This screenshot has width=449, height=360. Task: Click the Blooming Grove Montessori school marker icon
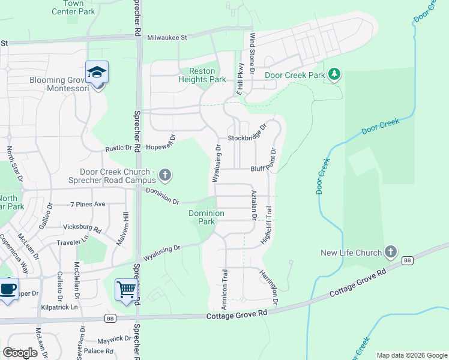coord(97,73)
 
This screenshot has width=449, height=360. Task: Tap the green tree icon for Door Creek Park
coord(334,75)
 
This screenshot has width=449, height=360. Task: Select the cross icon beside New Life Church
coord(391,252)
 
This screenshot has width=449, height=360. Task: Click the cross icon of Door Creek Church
coord(165,176)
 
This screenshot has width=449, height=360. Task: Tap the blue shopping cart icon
coord(127,290)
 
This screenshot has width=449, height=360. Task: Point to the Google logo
coord(20,353)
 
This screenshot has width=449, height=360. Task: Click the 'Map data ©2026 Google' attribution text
coord(412,355)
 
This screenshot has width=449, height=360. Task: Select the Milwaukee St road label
coord(167,37)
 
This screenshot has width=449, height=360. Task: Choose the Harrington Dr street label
coord(268,287)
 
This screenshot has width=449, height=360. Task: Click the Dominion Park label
coord(206,217)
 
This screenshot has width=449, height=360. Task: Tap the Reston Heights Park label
coord(202,75)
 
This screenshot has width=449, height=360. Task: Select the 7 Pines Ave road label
coord(88,204)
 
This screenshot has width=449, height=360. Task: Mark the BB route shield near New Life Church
coord(408,260)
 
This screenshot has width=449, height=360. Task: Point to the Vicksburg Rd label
coord(82,228)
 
